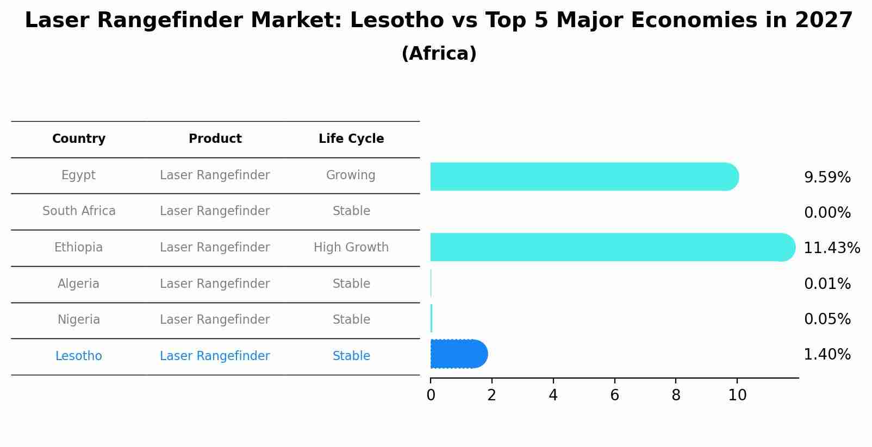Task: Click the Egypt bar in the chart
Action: (584, 177)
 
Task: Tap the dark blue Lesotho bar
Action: (459, 354)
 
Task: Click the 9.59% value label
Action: (827, 178)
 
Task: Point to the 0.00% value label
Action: (827, 213)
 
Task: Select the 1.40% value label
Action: (827, 355)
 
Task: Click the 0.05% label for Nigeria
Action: (827, 319)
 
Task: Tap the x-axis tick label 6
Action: (614, 395)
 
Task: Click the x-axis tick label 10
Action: (737, 395)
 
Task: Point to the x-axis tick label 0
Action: (431, 395)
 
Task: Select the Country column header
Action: (79, 139)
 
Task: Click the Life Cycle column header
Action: (351, 139)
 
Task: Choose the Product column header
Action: (215, 139)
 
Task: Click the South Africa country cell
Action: (79, 211)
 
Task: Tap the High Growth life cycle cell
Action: (351, 248)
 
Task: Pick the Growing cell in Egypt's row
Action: (351, 175)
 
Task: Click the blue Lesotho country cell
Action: (79, 356)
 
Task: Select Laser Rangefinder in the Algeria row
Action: (215, 284)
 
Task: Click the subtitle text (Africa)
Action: (439, 54)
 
